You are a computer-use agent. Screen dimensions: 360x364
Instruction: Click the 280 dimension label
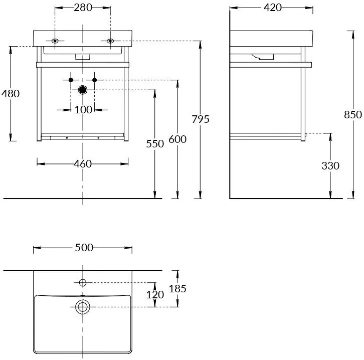pyautogui.click(x=83, y=8)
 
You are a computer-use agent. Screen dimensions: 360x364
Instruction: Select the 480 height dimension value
pyautogui.click(x=11, y=94)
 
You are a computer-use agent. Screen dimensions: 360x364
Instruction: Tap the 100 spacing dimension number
pyautogui.click(x=83, y=109)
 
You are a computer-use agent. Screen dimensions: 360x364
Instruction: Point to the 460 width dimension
pyautogui.click(x=83, y=163)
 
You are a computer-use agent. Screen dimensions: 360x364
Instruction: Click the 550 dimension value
pyautogui.click(x=155, y=144)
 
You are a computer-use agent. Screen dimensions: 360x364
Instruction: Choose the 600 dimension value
pyautogui.click(x=177, y=139)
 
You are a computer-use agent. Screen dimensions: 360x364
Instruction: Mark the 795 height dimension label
pyautogui.click(x=200, y=119)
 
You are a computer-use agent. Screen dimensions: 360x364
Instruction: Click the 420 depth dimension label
pyautogui.click(x=271, y=8)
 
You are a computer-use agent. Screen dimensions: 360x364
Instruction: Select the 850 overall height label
pyautogui.click(x=352, y=115)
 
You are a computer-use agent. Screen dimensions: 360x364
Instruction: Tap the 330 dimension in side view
pyautogui.click(x=330, y=165)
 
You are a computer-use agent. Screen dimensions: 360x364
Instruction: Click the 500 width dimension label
pyautogui.click(x=83, y=248)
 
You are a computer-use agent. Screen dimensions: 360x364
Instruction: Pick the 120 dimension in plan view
pyautogui.click(x=155, y=294)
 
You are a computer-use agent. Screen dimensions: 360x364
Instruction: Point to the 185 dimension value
pyautogui.click(x=177, y=288)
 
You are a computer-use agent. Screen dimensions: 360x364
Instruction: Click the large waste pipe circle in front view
pyautogui.click(x=83, y=90)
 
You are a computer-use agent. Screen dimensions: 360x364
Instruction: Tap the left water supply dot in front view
pyautogui.click(x=71, y=80)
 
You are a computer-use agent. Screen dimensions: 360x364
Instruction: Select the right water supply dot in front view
pyautogui.click(x=95, y=80)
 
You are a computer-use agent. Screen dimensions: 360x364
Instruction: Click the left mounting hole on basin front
pyautogui.click(x=55, y=41)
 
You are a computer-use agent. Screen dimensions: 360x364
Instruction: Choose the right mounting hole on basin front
pyautogui.click(x=110, y=41)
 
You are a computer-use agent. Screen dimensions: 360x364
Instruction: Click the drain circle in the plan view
pyautogui.click(x=82, y=306)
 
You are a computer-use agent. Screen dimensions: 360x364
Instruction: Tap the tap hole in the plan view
pyautogui.click(x=83, y=282)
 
